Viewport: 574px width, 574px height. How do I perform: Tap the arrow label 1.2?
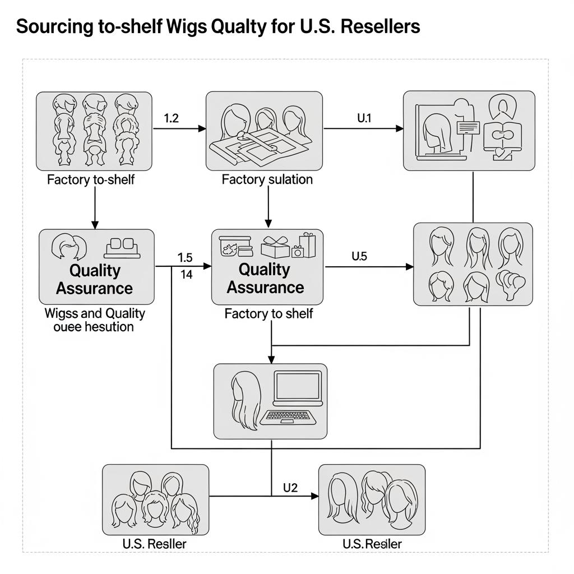171,118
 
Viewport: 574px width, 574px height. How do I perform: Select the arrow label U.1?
364,118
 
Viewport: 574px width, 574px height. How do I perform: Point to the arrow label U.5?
359,256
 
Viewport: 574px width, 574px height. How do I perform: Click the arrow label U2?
290,487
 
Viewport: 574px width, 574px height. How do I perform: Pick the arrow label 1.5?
184,258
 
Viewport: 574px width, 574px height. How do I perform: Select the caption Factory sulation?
267,180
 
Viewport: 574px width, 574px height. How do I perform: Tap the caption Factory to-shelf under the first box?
91,180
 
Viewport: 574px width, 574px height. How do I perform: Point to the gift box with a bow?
275,247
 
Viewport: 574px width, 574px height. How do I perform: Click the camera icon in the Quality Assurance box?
298,252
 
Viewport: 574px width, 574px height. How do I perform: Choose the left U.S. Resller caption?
154,544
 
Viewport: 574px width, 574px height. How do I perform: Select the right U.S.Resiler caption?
372,544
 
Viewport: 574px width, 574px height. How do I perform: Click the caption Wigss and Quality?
95,313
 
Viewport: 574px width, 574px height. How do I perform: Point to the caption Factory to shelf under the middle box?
269,314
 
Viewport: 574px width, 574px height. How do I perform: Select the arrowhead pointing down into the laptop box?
271,359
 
